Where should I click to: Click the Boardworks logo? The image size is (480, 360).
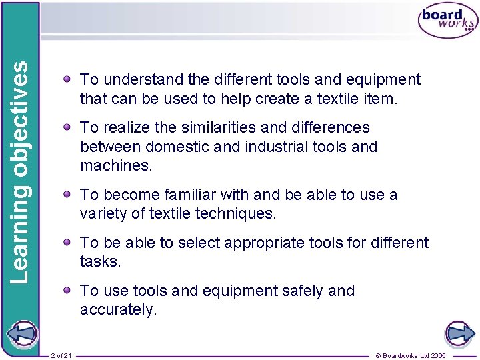447,21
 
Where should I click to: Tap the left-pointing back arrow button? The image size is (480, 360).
21,333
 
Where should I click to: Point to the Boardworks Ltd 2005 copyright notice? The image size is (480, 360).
411,355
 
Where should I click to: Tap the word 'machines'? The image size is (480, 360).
115,166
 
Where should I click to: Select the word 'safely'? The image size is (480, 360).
301,291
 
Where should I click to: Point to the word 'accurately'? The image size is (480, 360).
117,310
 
